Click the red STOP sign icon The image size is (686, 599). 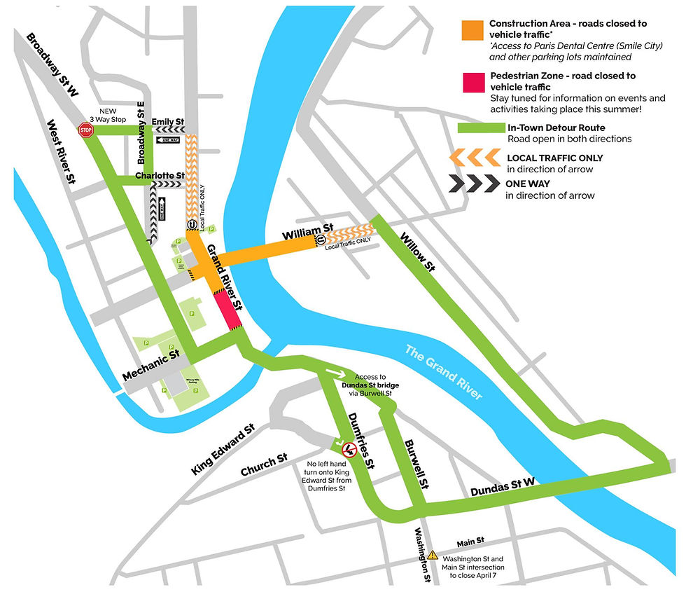click(86, 130)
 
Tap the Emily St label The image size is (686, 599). click(168, 122)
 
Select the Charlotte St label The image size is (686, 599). click(160, 175)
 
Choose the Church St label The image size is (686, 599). click(263, 466)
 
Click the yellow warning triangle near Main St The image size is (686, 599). click(433, 555)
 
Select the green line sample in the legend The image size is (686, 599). click(479, 128)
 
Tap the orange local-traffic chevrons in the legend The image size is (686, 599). click(473, 158)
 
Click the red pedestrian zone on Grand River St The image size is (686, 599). click(227, 310)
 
